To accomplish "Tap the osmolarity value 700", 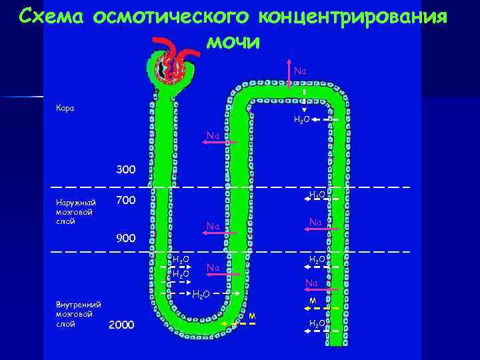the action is (125, 201).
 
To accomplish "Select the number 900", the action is (125, 237).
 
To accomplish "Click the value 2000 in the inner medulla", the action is (121, 325).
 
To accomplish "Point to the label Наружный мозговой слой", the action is (75, 211).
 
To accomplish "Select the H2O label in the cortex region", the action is (301, 120).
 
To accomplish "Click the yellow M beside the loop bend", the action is (253, 315).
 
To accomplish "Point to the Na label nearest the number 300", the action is (213, 136).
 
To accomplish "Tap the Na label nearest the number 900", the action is (213, 227).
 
